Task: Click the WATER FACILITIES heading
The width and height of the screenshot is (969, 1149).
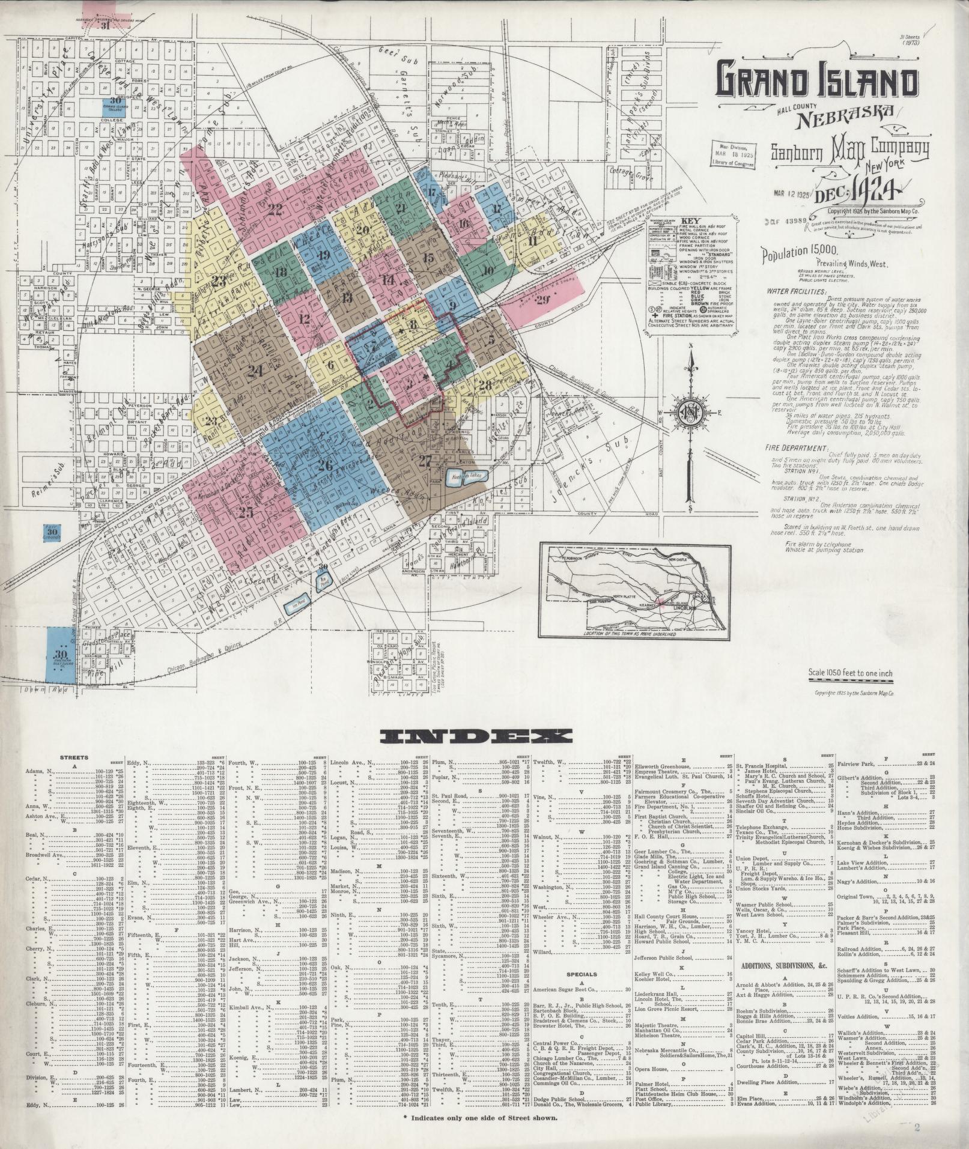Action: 797,292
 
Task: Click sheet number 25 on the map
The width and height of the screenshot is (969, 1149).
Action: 245,512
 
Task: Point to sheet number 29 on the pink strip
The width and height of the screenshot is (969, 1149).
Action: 543,300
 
